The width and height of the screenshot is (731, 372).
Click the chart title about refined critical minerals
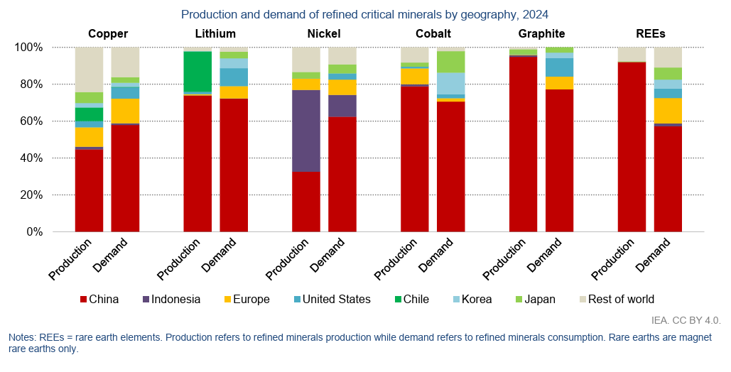click(x=364, y=14)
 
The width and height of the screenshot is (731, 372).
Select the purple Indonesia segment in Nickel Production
click(x=306, y=131)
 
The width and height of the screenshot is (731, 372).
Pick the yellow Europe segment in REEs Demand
click(x=668, y=110)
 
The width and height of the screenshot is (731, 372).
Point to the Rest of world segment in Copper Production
click(x=89, y=70)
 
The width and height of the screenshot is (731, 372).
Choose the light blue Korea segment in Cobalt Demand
click(x=450, y=83)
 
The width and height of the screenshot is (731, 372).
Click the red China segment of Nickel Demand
click(x=342, y=174)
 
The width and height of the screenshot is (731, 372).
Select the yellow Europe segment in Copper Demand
click(x=125, y=111)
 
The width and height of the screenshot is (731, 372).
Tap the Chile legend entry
click(x=411, y=300)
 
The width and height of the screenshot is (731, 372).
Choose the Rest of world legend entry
click(x=614, y=300)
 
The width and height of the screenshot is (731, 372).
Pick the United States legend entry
click(x=330, y=300)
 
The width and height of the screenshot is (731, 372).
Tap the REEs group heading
click(x=650, y=33)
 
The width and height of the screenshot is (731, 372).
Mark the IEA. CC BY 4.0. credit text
click(x=685, y=320)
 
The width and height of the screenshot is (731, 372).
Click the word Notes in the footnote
click(x=22, y=337)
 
